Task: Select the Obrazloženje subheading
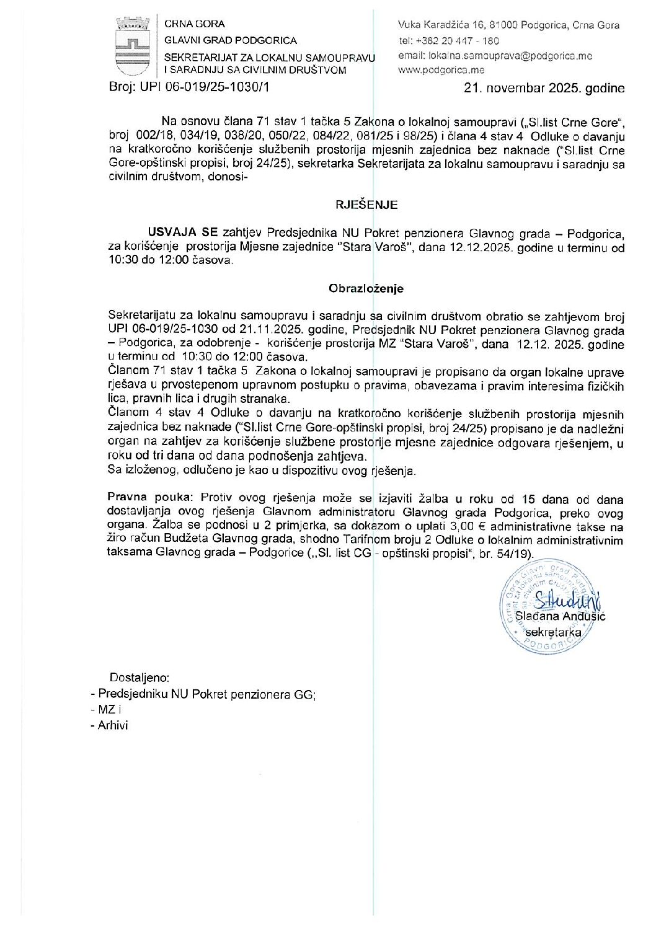[x=366, y=288]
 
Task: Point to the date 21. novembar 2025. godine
[x=544, y=88]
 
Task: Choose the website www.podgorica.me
[x=441, y=70]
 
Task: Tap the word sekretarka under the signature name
[x=553, y=632]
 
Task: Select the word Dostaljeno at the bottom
[x=140, y=678]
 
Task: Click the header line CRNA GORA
[x=194, y=24]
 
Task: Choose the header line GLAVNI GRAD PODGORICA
[x=230, y=40]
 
